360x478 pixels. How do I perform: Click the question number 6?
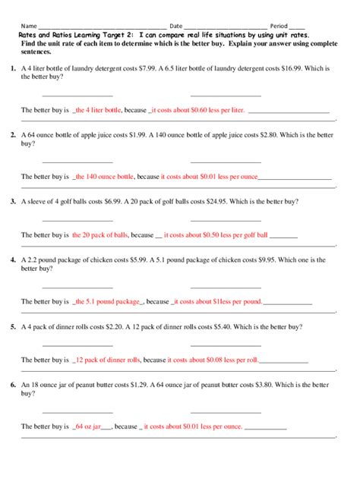pyautogui.click(x=13, y=385)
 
